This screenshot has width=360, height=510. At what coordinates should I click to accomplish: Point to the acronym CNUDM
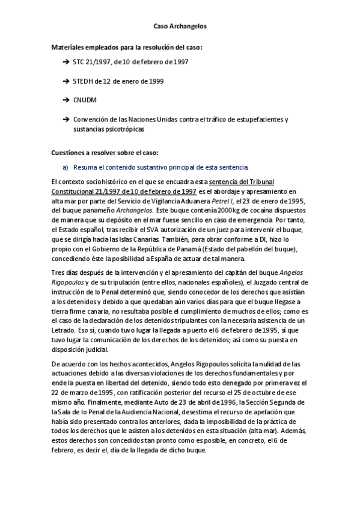click(85, 99)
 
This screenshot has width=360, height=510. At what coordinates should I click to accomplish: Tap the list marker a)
click(66, 167)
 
